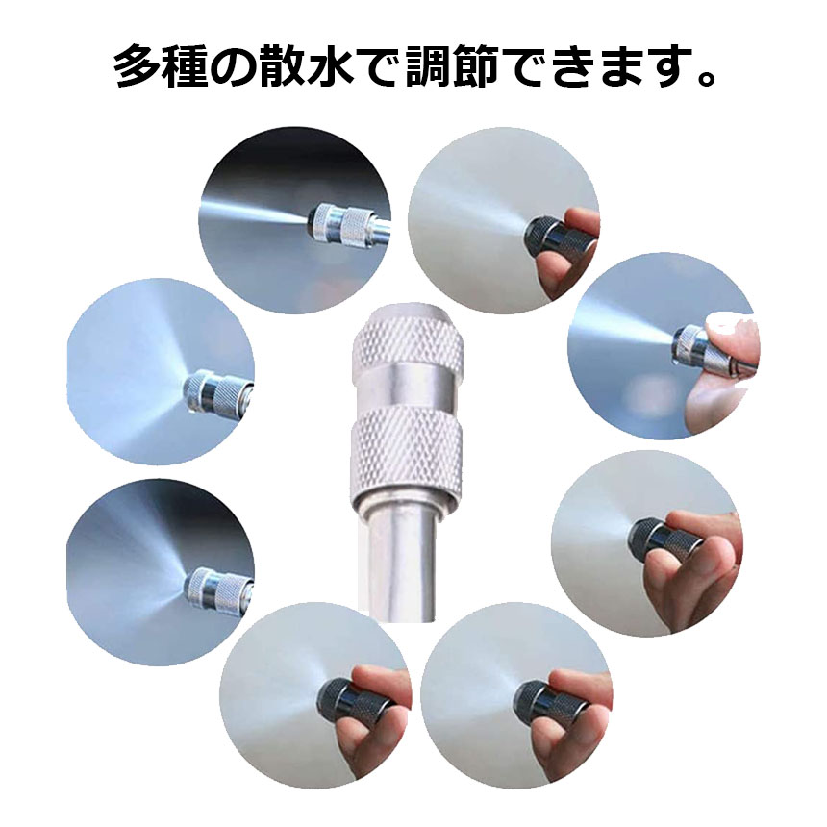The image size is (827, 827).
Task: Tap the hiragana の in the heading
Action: click(x=235, y=68)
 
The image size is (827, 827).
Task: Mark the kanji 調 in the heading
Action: click(x=427, y=67)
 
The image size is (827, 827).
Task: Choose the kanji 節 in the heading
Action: click(x=476, y=67)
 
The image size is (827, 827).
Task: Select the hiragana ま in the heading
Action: click(x=621, y=68)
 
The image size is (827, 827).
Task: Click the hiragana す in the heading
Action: click(x=668, y=68)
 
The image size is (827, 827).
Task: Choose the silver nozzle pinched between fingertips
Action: click(x=689, y=345)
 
